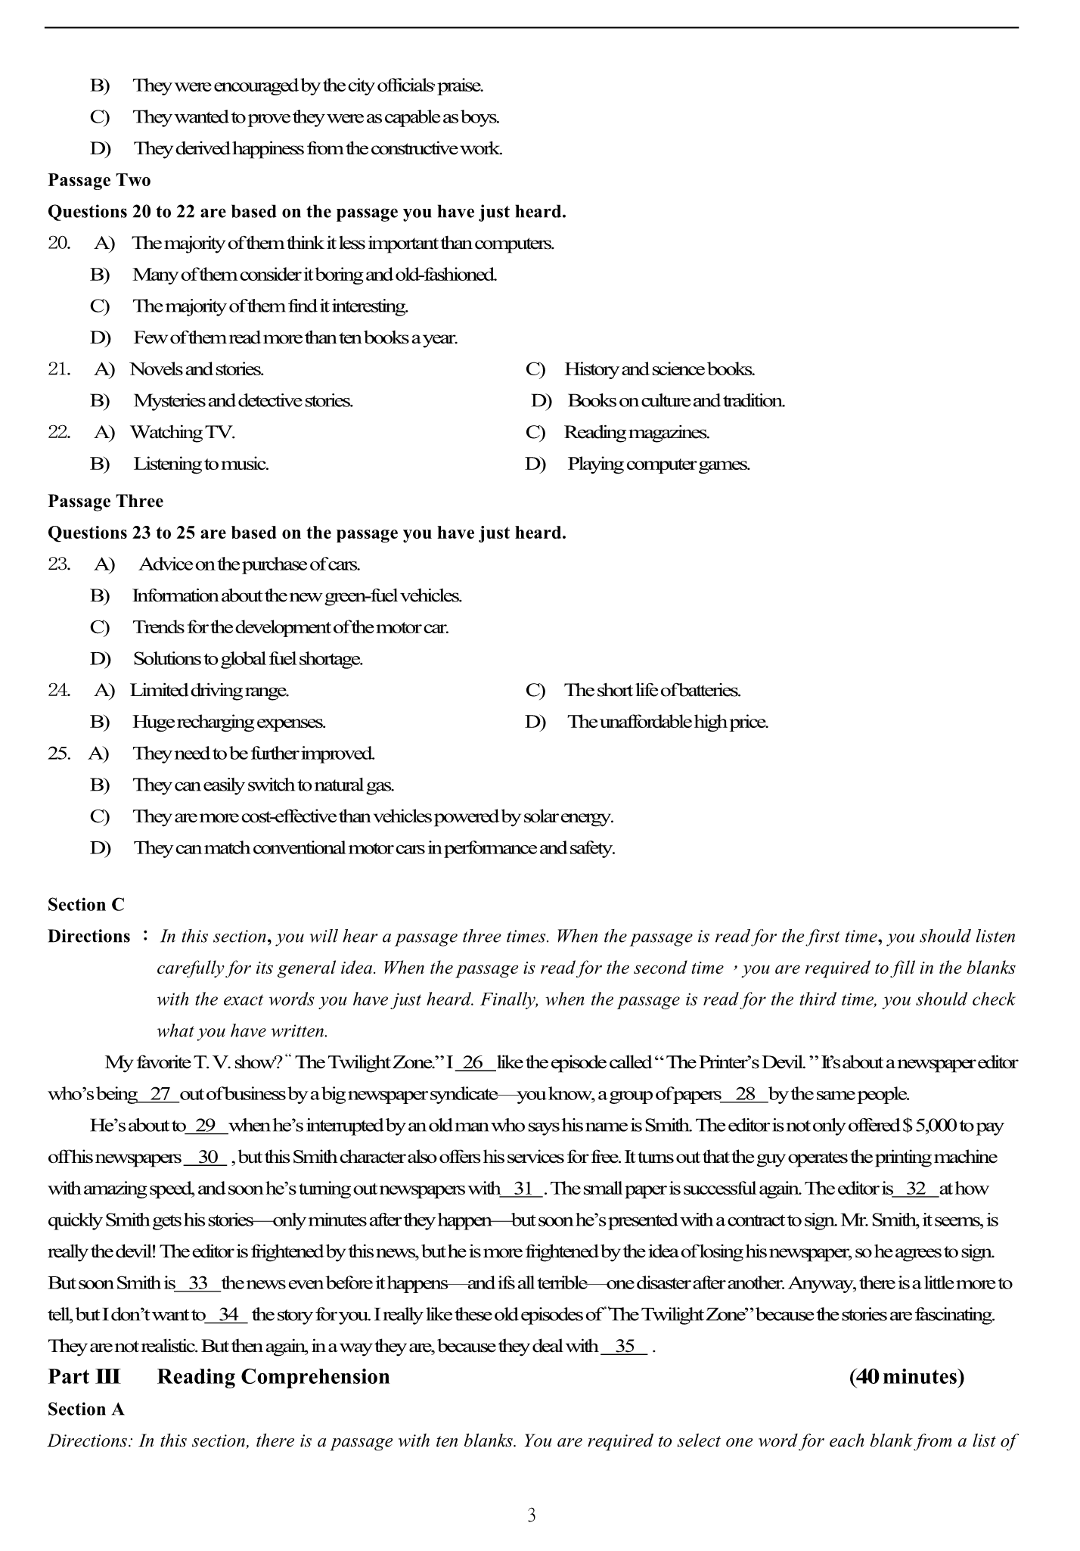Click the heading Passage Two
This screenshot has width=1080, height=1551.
point(99,180)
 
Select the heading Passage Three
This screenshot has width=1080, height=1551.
point(105,501)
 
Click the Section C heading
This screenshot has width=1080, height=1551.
point(86,905)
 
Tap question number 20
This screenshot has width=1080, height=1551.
point(59,243)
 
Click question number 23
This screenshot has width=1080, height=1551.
point(59,564)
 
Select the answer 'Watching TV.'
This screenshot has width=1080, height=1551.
point(182,432)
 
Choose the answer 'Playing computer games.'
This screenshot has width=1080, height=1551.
point(658,464)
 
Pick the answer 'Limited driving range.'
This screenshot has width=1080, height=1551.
point(209,690)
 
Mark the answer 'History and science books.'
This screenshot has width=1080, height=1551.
point(659,369)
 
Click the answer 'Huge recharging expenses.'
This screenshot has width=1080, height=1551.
point(228,722)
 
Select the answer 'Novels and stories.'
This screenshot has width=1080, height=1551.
point(197,369)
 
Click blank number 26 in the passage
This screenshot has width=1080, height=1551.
point(474,1062)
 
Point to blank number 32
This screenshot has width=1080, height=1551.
point(915,1189)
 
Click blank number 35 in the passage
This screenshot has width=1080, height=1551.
point(624,1347)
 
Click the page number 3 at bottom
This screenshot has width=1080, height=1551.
point(531,1515)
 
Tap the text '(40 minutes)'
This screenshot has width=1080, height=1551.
point(906,1377)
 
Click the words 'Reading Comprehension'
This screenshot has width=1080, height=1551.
point(273,1377)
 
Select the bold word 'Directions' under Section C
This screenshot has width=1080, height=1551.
point(89,937)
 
